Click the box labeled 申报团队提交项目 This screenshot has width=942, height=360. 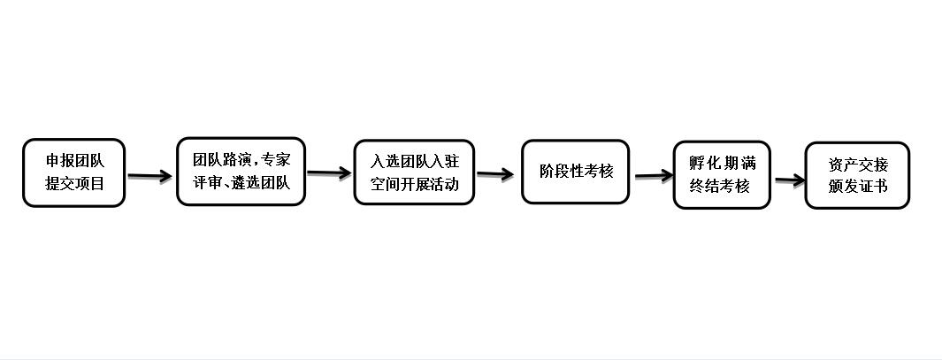pos(74,173)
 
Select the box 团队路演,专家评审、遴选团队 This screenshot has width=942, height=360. pos(241,172)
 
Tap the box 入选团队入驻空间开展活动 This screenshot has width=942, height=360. pos(414,172)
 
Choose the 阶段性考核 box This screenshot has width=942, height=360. pos(576,172)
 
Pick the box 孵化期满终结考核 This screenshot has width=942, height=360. pos(722,175)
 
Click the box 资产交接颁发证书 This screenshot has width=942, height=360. pos(857,175)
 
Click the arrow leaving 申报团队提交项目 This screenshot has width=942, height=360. pos(150,176)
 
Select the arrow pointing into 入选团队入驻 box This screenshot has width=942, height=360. pos(329,173)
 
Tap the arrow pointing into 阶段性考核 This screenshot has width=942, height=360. pos(495,174)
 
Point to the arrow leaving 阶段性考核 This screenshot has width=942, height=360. pos(654,175)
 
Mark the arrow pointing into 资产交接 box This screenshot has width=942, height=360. pos(790,179)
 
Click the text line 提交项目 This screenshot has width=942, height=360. pos(75,183)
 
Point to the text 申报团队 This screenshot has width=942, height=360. pos(75,161)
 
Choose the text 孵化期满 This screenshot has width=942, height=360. pos(722,164)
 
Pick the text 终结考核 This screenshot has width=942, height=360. pos(720,187)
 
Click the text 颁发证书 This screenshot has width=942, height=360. pos(858,187)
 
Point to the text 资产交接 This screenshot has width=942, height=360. pos(858,165)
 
